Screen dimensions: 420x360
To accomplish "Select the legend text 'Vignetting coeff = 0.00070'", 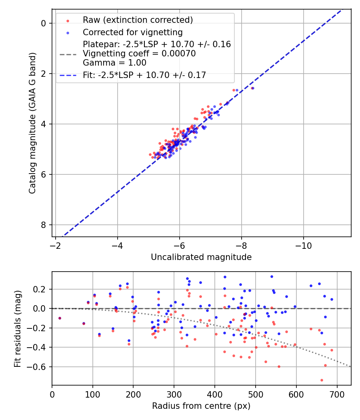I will click(139, 54).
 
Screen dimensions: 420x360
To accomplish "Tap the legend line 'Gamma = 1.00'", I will click(114, 63).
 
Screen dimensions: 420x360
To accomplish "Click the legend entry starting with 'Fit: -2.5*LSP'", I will click(144, 75).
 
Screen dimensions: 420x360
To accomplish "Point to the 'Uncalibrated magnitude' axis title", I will click(201, 257).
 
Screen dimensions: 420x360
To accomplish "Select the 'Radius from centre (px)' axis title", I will click(201, 406).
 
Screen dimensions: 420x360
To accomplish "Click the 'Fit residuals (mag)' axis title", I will click(18, 328).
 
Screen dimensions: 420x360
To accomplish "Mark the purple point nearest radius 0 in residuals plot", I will click(60, 318).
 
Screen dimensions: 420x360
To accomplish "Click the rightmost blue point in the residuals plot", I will click(332, 299).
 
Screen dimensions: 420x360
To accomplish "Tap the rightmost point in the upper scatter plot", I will click(252, 88).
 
